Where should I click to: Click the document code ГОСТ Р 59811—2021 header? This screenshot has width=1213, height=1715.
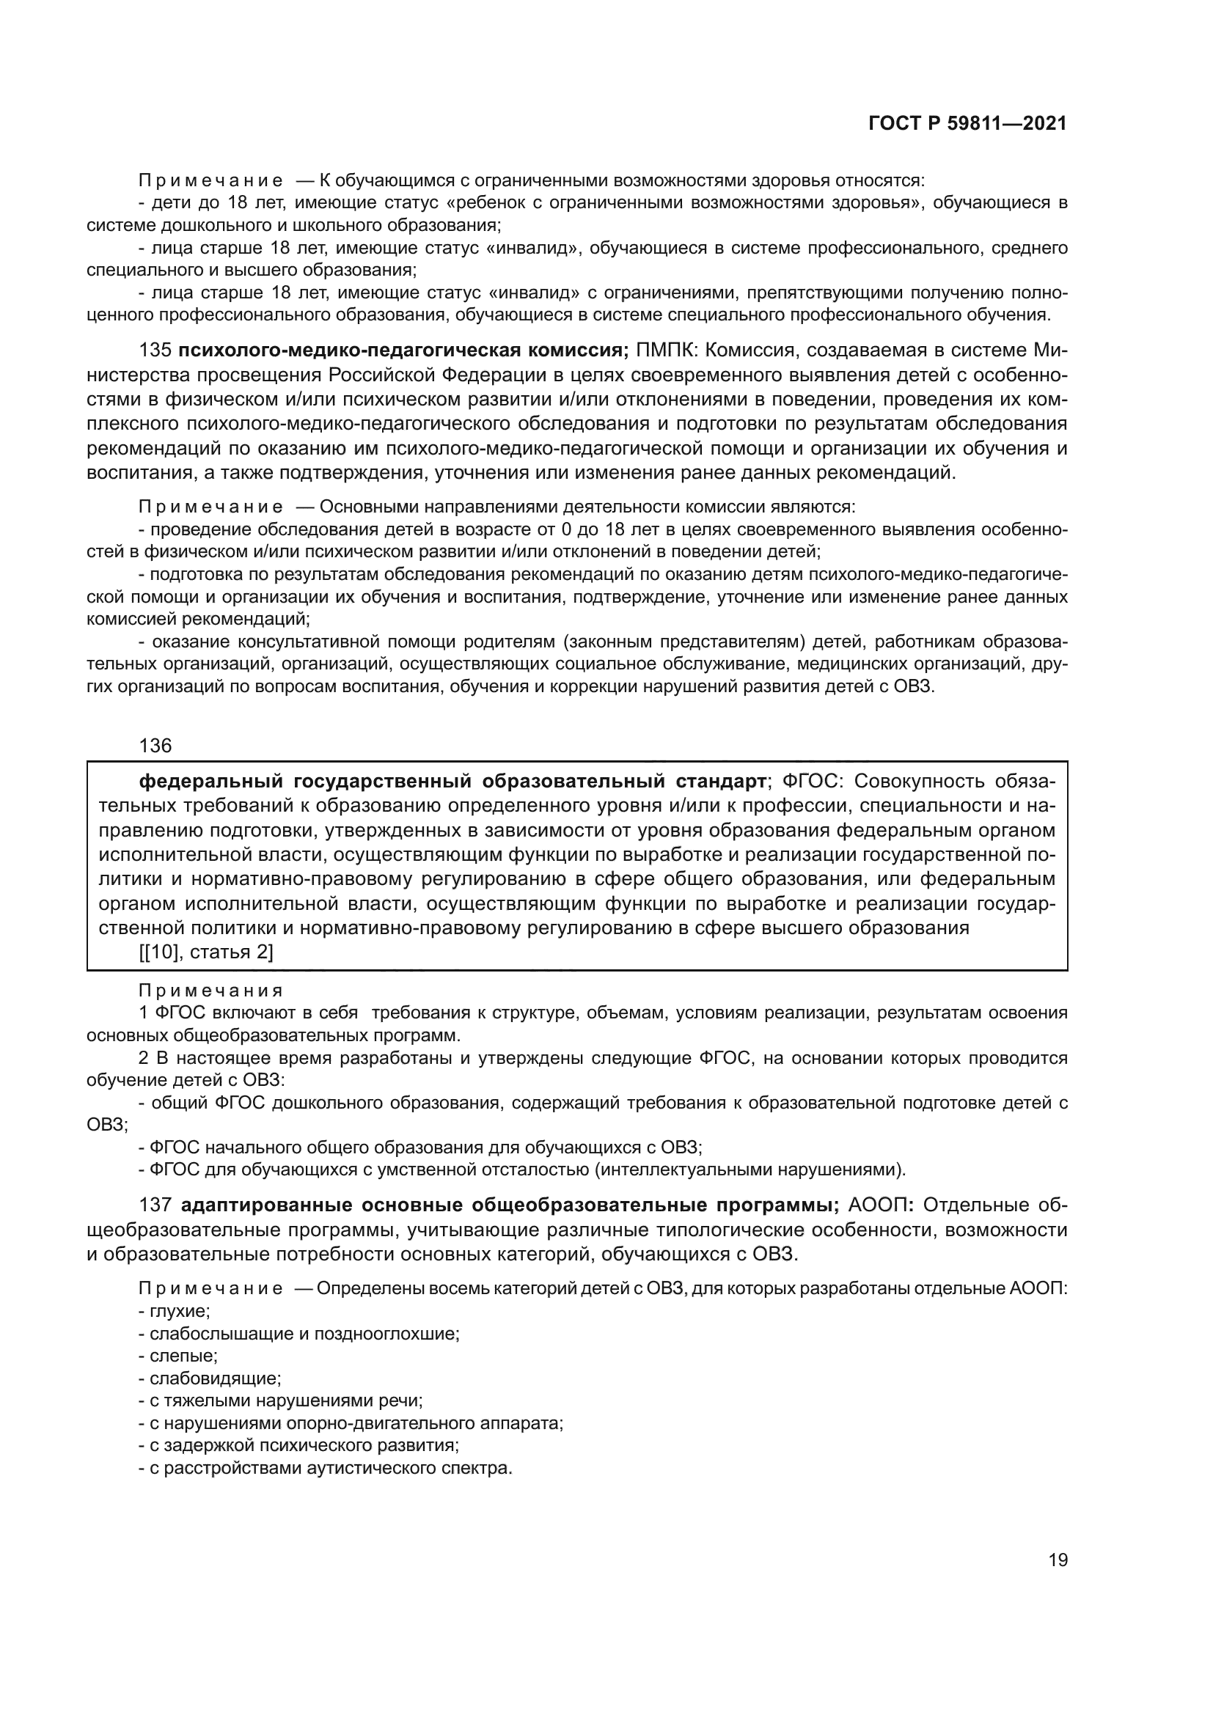pos(967,124)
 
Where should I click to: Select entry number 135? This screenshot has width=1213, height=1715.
pos(155,350)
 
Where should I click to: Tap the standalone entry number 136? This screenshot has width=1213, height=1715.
pos(155,746)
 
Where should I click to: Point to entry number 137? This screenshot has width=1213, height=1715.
pos(155,1205)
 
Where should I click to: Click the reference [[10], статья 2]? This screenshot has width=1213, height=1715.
pos(206,952)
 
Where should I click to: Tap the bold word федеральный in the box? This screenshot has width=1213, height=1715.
pos(212,782)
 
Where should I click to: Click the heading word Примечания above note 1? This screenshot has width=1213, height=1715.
pos(210,991)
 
